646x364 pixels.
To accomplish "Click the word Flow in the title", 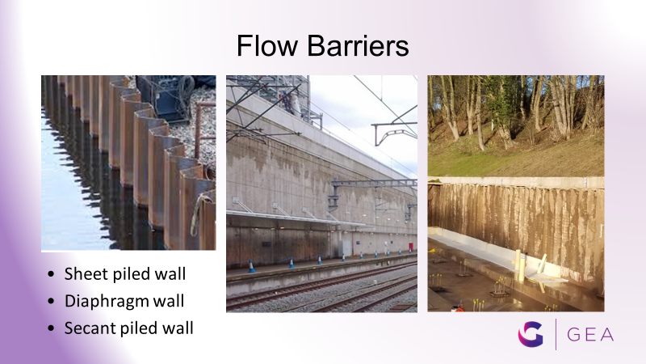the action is (x=267, y=45).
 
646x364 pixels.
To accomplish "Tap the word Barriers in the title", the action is (x=358, y=45).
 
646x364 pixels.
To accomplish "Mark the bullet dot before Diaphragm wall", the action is (x=51, y=301).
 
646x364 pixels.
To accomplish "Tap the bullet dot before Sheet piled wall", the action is (x=51, y=274).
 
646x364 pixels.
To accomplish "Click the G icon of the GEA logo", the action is (x=531, y=334).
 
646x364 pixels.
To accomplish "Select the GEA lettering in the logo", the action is (x=590, y=335).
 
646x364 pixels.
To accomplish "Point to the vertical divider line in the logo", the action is (x=556, y=334).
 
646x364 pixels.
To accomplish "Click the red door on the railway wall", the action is (x=411, y=247).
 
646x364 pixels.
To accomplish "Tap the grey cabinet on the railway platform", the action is (x=346, y=248).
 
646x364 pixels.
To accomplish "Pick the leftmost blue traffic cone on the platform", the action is (x=251, y=266).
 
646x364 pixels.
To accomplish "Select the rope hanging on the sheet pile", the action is (x=198, y=214).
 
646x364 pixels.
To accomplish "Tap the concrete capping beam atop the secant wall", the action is (x=516, y=182).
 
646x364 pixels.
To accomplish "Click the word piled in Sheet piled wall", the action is (x=131, y=274).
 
